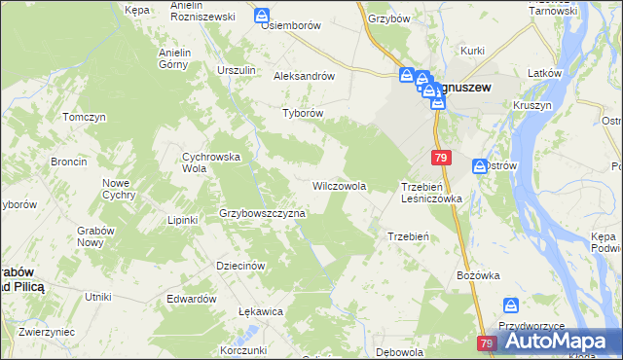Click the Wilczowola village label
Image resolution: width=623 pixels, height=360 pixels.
tap(339, 185)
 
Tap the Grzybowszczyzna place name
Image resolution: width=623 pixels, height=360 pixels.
tap(263, 212)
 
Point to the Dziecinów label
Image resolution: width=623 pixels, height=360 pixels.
tap(240, 265)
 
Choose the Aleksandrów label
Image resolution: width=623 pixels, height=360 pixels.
tap(305, 75)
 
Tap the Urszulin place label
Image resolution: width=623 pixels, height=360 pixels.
tap(237, 70)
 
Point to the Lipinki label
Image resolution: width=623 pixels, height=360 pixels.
tap(182, 220)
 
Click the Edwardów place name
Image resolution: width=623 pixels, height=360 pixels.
tap(191, 299)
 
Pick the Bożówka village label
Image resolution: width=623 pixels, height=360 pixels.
tap(477, 275)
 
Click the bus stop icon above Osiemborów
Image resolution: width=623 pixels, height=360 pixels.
tap(262, 16)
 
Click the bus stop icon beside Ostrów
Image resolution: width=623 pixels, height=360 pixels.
tap(480, 166)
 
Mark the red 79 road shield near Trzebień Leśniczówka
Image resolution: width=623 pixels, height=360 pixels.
tap(442, 158)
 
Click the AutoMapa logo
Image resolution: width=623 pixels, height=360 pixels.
tap(555, 341)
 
